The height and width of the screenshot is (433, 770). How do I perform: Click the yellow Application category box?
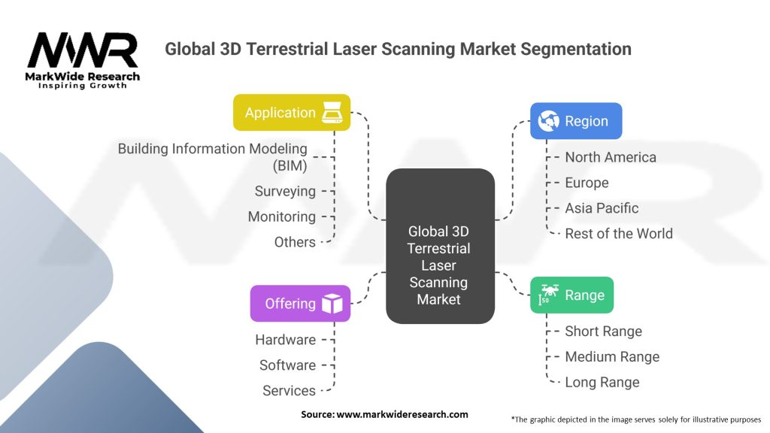pos(292,113)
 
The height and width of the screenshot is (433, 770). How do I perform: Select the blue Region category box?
pos(576,121)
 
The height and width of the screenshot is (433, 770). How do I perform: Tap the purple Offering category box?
pos(300,304)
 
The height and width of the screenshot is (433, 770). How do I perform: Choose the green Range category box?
pos(571,295)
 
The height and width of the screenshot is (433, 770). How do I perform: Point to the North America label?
pos(610,157)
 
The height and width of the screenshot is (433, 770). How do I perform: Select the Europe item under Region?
pos(587,183)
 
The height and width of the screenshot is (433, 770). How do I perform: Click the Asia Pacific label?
pos(602,208)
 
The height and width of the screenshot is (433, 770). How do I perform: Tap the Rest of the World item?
pos(618,233)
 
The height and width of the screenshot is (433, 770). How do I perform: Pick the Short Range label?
pos(603,332)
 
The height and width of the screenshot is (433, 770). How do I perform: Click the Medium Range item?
pos(612,357)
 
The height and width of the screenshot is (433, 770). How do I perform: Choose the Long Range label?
pos(602,382)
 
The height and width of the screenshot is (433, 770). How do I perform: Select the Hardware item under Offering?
pos(285,340)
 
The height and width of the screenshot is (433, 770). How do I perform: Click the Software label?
pos(287,365)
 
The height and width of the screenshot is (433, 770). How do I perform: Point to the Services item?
pos(289,391)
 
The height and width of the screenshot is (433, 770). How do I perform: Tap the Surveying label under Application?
pos(285,191)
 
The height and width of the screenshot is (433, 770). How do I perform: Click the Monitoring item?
pos(281,216)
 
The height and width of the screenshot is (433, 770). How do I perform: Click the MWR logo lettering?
pos(83,52)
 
